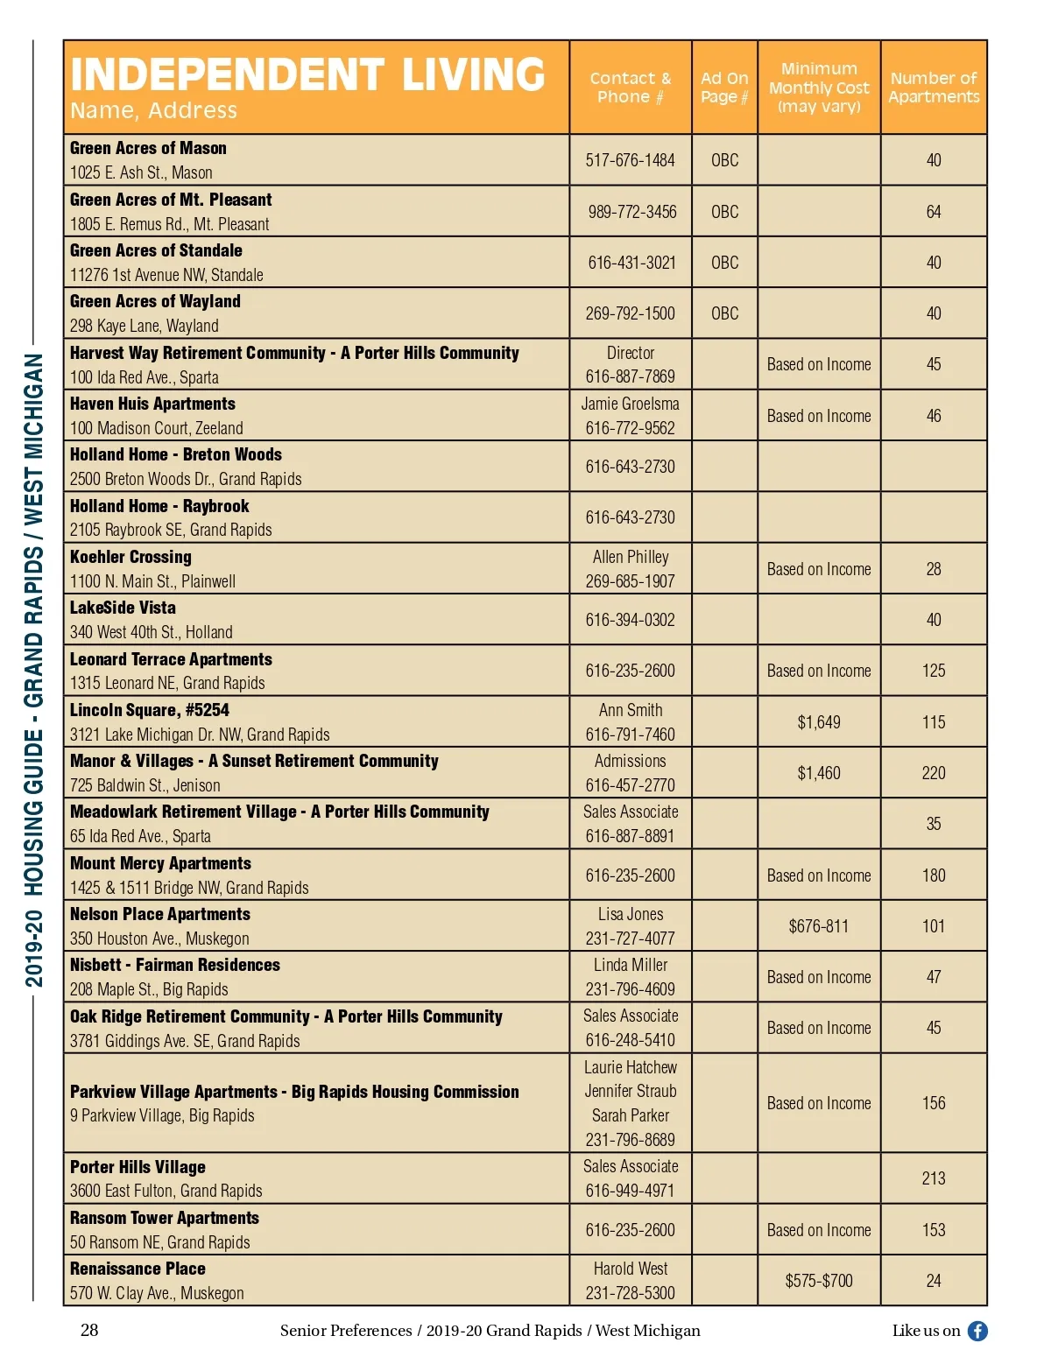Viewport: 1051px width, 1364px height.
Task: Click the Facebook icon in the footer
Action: click(x=977, y=1332)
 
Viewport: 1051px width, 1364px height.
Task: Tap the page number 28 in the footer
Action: click(x=89, y=1331)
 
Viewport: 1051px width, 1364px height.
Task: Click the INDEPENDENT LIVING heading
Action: click(x=307, y=74)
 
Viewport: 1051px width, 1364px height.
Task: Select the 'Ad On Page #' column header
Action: click(x=724, y=88)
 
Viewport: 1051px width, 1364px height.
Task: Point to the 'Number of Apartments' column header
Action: click(x=934, y=88)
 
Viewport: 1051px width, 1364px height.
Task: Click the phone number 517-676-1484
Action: click(x=631, y=160)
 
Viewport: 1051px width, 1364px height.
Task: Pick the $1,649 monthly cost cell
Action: click(x=819, y=722)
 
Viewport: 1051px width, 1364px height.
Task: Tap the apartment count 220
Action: click(x=934, y=773)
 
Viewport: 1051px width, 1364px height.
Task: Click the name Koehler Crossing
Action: click(x=130, y=557)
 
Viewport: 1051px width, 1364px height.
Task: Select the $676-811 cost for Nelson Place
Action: click(x=819, y=926)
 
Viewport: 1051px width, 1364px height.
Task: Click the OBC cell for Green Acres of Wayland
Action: click(x=724, y=313)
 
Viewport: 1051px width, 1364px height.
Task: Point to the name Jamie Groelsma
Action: click(x=631, y=404)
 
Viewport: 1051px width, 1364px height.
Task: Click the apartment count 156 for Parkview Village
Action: click(x=934, y=1103)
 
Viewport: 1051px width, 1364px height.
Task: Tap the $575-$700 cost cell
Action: click(x=819, y=1281)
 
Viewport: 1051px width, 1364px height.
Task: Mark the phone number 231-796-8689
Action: click(x=631, y=1140)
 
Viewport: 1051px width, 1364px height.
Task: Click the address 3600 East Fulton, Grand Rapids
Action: click(x=166, y=1191)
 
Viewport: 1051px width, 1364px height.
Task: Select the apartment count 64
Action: click(x=934, y=212)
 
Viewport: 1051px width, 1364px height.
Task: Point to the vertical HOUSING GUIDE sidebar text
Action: click(x=33, y=670)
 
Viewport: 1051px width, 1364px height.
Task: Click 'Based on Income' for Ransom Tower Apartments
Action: click(x=819, y=1230)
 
